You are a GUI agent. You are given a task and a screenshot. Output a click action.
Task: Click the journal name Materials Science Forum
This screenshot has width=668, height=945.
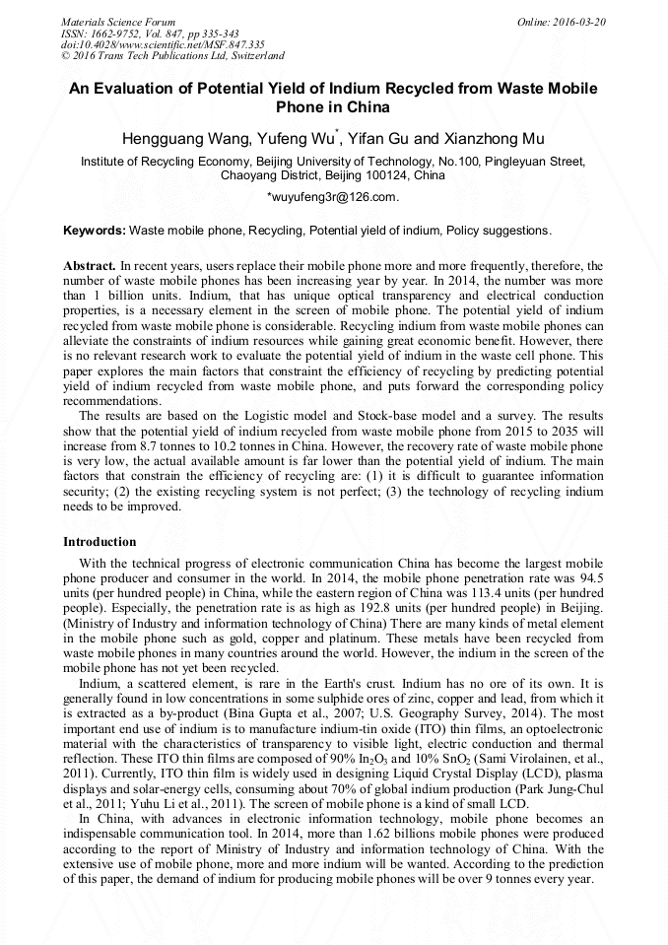click(x=118, y=21)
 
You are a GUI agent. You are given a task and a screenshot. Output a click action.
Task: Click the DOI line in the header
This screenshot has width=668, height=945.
click(x=163, y=44)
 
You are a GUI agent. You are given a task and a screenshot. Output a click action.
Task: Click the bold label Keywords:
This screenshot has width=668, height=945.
click(x=95, y=231)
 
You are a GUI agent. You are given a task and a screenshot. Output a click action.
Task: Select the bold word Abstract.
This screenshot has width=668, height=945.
click(x=90, y=266)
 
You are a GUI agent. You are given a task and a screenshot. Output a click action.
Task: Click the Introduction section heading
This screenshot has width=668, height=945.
click(x=100, y=542)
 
